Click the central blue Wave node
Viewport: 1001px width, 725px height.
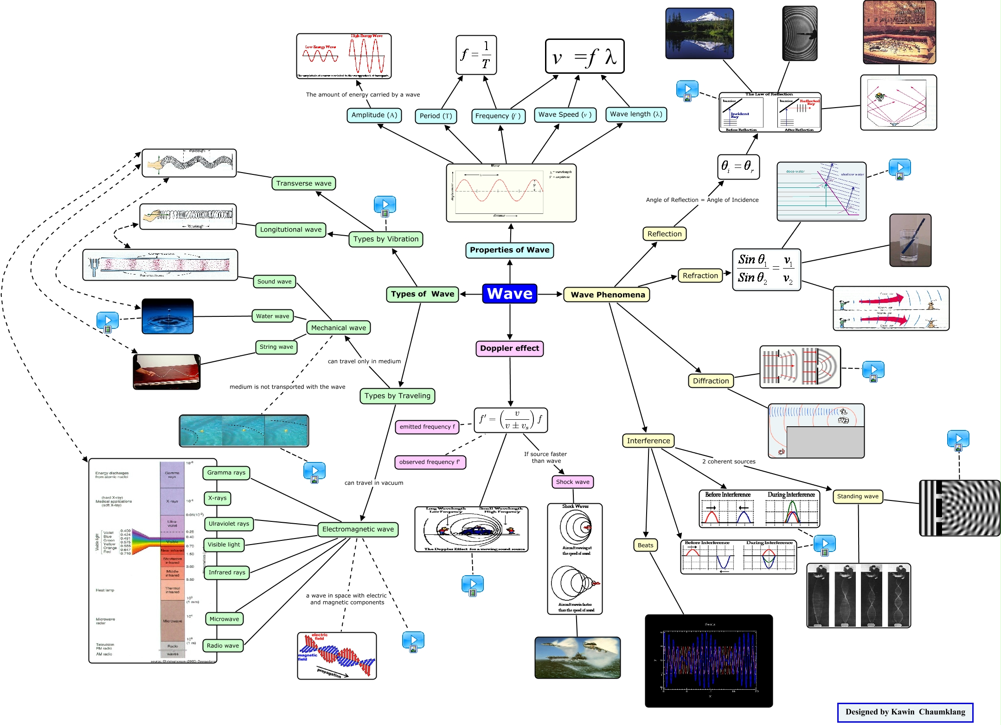509,294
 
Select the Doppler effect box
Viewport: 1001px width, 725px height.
509,348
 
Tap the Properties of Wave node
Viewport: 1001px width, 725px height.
509,250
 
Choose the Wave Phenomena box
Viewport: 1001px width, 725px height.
607,295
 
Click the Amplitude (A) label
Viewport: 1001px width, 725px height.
374,115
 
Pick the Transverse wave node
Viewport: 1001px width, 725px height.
304,183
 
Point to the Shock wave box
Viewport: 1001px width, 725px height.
572,482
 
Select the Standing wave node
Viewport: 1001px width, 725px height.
857,496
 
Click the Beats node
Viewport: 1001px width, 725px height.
645,545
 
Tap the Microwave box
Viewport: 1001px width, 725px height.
224,619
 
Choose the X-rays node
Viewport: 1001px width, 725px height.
217,498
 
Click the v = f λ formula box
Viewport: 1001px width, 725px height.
584,57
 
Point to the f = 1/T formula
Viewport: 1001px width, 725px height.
476,55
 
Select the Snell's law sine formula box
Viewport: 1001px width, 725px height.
766,269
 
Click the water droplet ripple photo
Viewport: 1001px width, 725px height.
167,316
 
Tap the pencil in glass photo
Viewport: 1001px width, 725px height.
910,240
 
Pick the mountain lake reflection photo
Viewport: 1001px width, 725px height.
699,33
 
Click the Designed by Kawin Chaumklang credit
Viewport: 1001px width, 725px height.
905,712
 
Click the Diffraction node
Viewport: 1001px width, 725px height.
711,381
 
